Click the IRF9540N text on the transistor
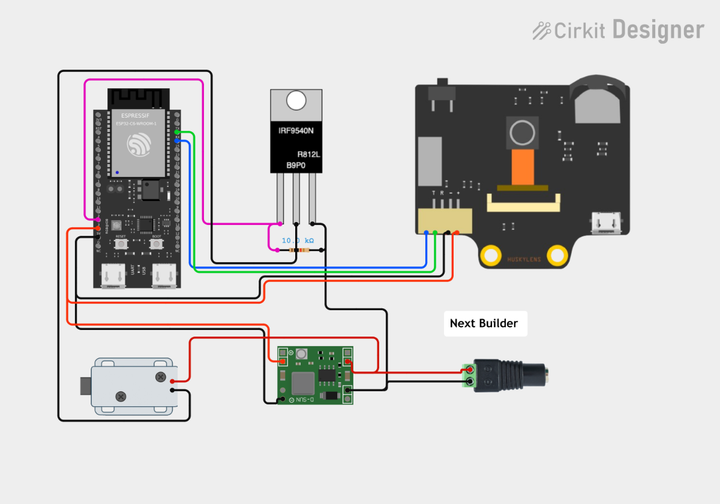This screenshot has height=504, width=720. pos(296,130)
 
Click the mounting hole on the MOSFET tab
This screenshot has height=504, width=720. pos(296,100)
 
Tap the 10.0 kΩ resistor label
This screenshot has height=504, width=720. pos(298,240)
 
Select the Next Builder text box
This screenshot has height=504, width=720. pos(485,323)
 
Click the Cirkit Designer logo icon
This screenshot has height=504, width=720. pos(542,30)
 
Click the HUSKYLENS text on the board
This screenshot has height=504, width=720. pos(524,260)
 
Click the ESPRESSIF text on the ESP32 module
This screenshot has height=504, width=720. pos(135,115)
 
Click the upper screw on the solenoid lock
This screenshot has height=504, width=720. pos(160,377)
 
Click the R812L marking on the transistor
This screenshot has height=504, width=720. pos(308,154)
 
